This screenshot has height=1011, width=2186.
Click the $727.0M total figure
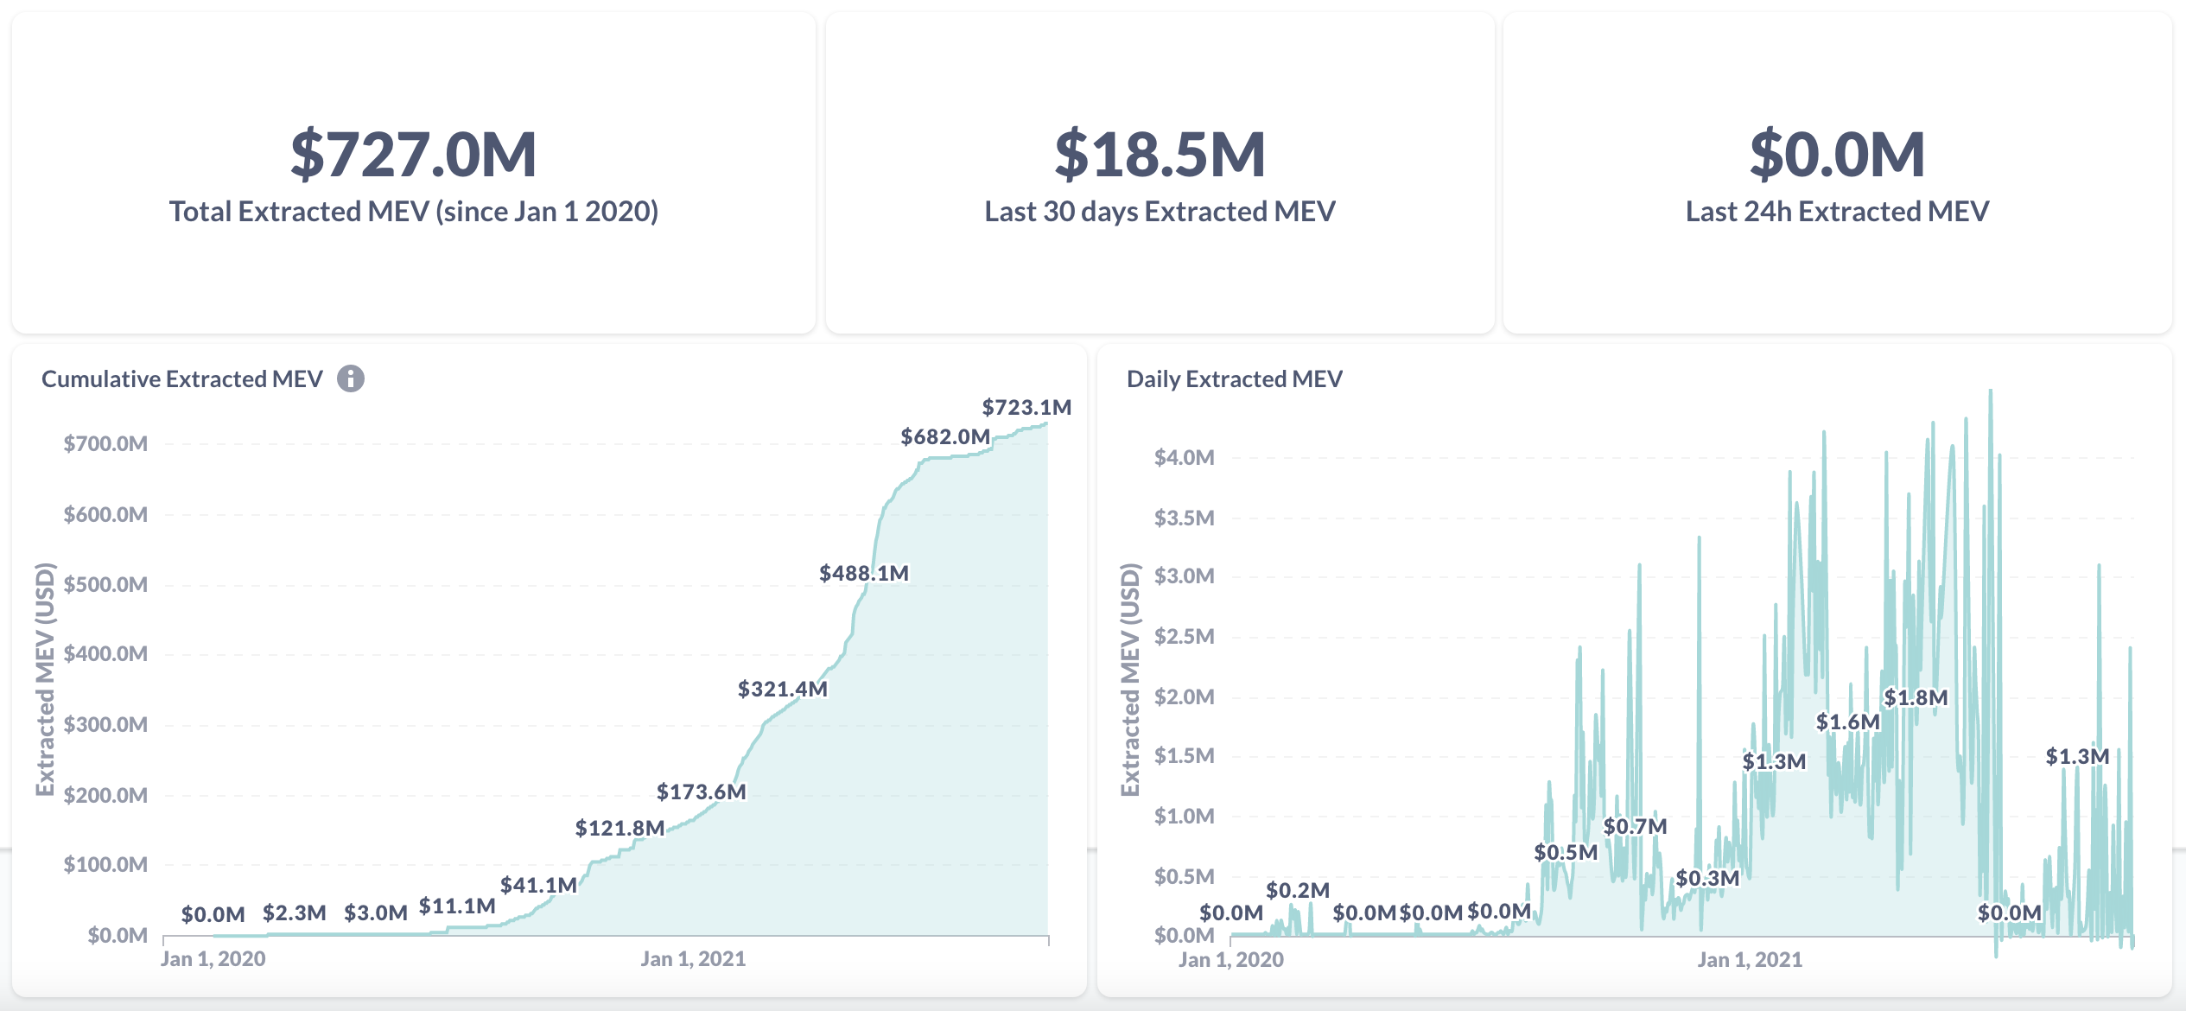pos(413,155)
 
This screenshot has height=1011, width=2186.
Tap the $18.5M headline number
pos(1160,155)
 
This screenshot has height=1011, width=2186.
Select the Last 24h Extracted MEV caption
pos(1837,212)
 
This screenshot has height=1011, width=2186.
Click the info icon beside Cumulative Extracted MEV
pos(350,378)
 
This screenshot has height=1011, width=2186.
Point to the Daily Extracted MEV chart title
pos(1234,378)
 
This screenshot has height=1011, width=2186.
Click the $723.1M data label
pos(1026,407)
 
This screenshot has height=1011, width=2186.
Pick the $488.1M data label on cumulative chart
pos(863,573)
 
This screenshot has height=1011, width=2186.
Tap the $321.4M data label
pos(782,689)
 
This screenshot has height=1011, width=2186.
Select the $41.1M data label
pos(537,885)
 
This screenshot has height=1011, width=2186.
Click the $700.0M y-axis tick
pos(105,443)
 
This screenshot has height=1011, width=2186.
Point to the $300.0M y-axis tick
pos(105,724)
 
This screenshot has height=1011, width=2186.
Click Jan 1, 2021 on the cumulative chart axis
pos(692,958)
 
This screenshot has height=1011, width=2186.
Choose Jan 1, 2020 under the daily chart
pos(1230,959)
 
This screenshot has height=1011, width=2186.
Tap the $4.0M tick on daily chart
pos(1184,457)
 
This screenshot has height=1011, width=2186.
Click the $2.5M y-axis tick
pos(1184,636)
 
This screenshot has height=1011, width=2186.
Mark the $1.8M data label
pos(1916,697)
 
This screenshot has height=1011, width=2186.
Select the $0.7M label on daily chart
pos(1635,826)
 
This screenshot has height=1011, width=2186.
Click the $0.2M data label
pos(1297,890)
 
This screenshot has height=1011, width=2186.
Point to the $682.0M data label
pos(945,436)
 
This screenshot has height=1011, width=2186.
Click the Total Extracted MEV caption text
pos(413,212)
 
